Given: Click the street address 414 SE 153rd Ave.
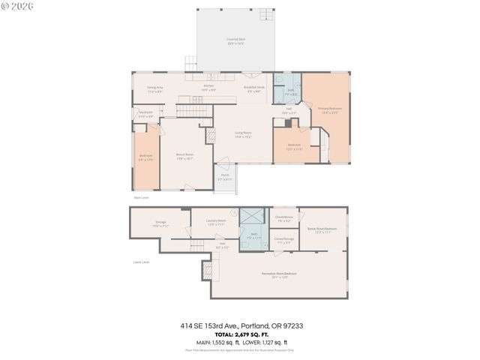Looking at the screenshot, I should point(209,326).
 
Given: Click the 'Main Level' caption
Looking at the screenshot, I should point(142,198).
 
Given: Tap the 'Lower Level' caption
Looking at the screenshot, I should point(141,262).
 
